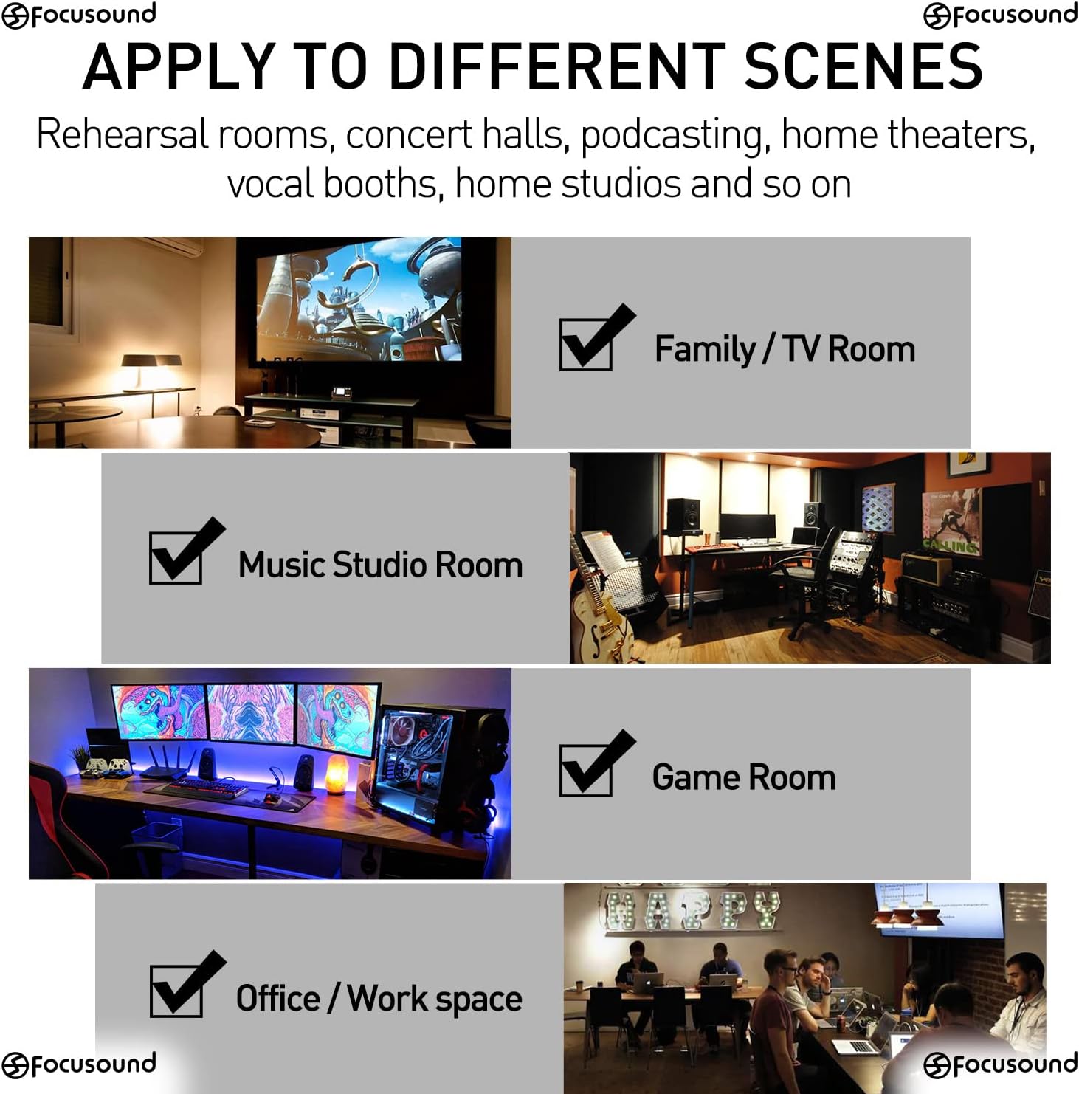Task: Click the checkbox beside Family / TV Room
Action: (586, 345)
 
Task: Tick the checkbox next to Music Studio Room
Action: (176, 558)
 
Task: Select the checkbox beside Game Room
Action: (586, 771)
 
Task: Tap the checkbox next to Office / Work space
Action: (176, 991)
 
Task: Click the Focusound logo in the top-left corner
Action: (79, 15)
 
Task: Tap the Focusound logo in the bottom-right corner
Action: (1000, 1064)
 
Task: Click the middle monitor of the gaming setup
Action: (251, 712)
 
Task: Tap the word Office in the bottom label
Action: (278, 998)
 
